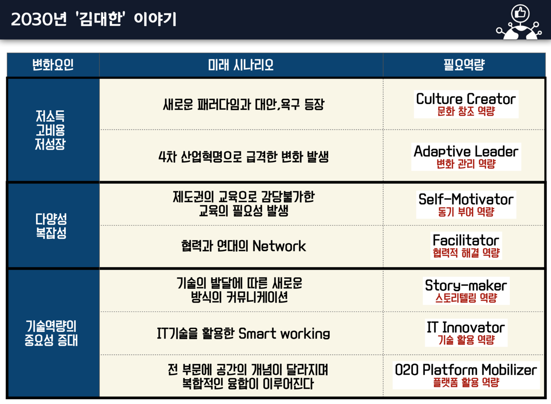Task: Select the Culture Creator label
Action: point(466,99)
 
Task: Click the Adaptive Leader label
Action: point(466,151)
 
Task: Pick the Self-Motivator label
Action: point(466,200)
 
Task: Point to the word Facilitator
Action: point(466,240)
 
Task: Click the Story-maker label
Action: point(466,285)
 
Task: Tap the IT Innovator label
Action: point(466,327)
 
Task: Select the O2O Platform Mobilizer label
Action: point(466,370)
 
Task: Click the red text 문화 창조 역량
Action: point(466,111)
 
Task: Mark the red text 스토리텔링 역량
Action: point(466,298)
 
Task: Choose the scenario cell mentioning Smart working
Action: point(243,333)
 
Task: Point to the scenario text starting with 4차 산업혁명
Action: point(243,157)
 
